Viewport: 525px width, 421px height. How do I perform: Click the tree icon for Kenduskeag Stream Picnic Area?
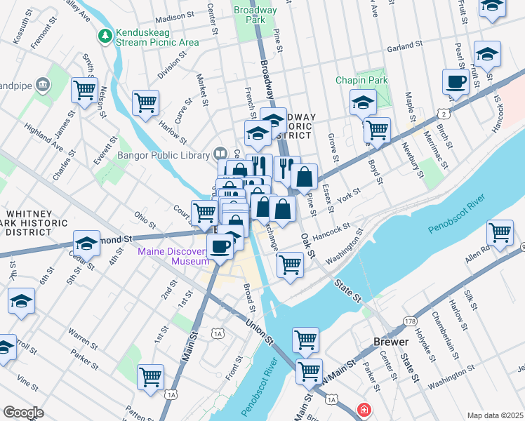pos(105,34)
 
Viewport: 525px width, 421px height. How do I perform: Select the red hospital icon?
pos(364,409)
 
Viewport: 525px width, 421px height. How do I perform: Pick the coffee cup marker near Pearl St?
pos(456,81)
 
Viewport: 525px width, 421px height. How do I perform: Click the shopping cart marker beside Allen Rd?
pos(499,232)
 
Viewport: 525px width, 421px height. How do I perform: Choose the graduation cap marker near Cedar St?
pos(86,243)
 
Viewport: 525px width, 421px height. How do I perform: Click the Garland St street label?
pos(404,48)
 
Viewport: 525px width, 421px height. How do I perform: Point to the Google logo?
pos(23,412)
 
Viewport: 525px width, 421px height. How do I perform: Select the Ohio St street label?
pos(145,212)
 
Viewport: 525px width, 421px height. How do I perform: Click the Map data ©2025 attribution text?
pos(495,415)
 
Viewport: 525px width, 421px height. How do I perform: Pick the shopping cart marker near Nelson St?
pos(84,89)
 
